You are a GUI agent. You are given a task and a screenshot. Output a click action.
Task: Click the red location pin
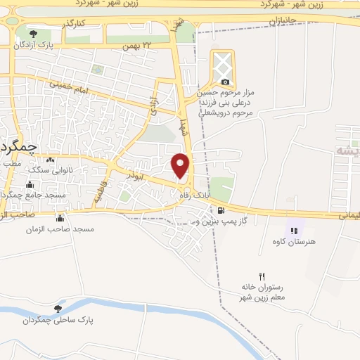[181, 164]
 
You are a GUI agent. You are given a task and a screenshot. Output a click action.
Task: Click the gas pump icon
[222, 210]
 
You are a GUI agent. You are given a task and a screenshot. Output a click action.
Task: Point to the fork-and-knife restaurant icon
[262, 276]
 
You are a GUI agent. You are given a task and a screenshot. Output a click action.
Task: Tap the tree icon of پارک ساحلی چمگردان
[58, 308]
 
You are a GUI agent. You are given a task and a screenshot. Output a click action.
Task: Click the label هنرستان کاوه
[298, 241]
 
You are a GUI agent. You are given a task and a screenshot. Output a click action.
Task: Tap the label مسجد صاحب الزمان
[60, 229]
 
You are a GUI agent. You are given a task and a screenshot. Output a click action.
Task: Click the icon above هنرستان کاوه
[294, 230]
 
